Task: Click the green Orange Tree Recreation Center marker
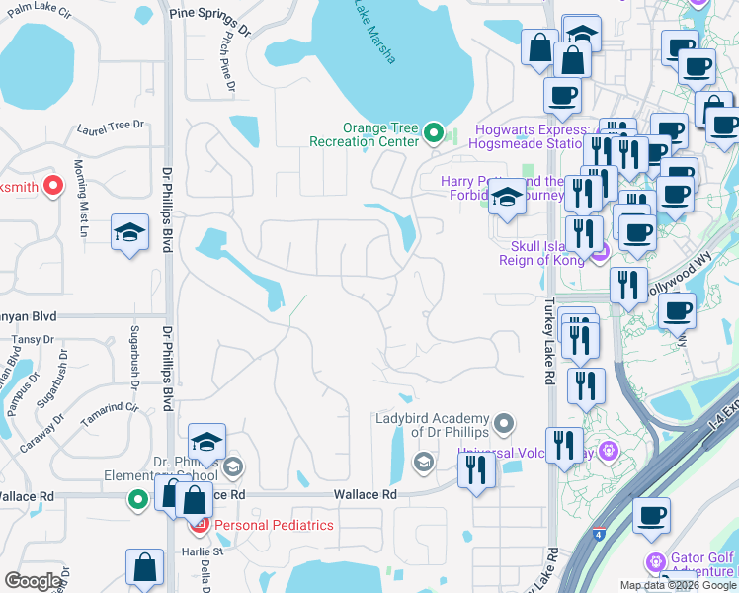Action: click(x=433, y=131)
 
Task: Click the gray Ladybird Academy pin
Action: click(x=505, y=424)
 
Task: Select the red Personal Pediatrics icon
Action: click(x=199, y=525)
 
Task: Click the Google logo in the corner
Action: click(x=34, y=581)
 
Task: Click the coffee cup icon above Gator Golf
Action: click(x=651, y=515)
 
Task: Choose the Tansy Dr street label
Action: click(x=24, y=340)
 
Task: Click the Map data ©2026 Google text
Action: click(x=678, y=585)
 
